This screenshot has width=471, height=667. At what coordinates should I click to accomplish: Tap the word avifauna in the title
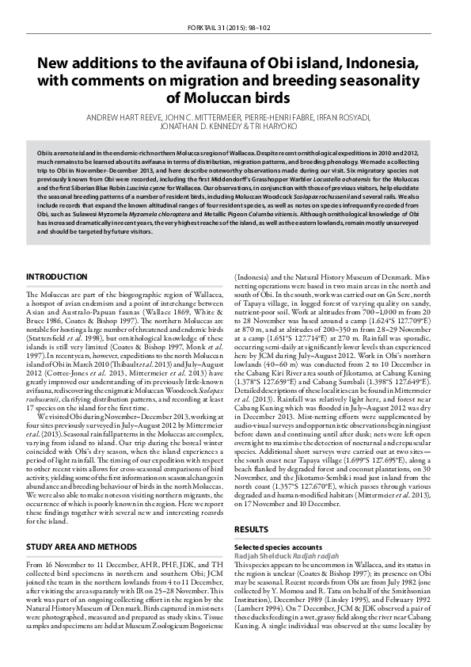coord(211,63)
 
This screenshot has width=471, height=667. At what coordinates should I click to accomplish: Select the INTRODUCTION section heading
coord(56,276)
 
